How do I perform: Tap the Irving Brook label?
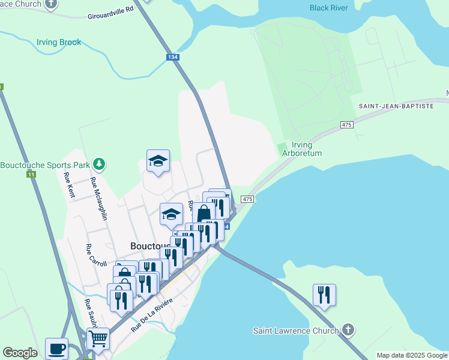pyautogui.click(x=59, y=43)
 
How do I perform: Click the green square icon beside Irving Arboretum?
pyautogui.click(x=282, y=148)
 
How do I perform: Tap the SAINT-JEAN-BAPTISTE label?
pyautogui.click(x=396, y=106)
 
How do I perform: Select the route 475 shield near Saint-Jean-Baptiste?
pyautogui.click(x=346, y=124)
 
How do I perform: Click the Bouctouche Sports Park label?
pyautogui.click(x=45, y=165)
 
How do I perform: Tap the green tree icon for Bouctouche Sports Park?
pyautogui.click(x=99, y=164)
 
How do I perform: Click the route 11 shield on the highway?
pyautogui.click(x=31, y=174)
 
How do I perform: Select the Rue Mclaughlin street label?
pyautogui.click(x=98, y=199)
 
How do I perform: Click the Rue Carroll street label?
pyautogui.click(x=97, y=255)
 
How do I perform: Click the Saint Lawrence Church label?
pyautogui.click(x=295, y=331)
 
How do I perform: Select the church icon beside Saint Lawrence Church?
pyautogui.click(x=348, y=330)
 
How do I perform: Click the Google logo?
pyautogui.click(x=20, y=353)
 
